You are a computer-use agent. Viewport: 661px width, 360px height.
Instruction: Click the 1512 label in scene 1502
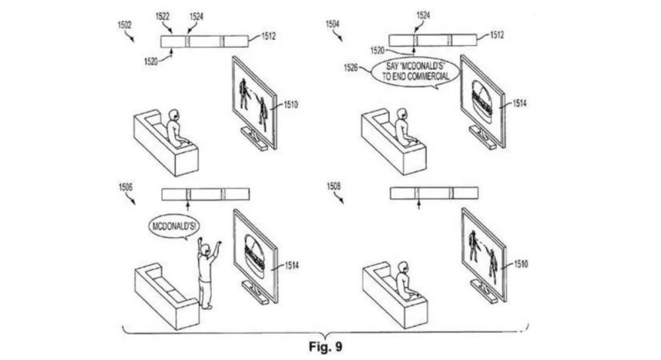268,37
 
